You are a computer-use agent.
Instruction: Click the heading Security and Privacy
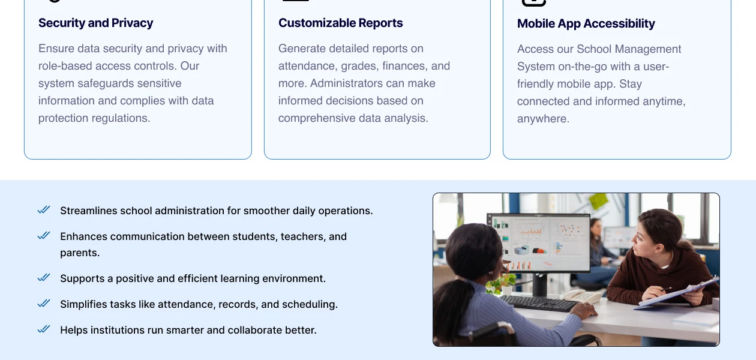click(95, 23)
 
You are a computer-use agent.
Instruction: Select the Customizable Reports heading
click(340, 23)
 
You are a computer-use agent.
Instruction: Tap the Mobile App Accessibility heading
click(586, 23)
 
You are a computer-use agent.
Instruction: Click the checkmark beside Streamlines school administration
click(44, 210)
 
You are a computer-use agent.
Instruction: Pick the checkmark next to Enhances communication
click(44, 236)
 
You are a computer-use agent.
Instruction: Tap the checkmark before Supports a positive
click(44, 278)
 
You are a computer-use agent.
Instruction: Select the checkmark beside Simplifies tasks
click(44, 304)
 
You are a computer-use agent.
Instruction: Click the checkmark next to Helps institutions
click(44, 329)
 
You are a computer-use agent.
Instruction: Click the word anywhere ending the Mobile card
click(542, 119)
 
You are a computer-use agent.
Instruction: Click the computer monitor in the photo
click(538, 243)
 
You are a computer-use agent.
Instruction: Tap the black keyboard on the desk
click(540, 302)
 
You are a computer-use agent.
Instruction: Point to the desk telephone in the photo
click(580, 296)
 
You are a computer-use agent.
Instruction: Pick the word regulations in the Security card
click(118, 118)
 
